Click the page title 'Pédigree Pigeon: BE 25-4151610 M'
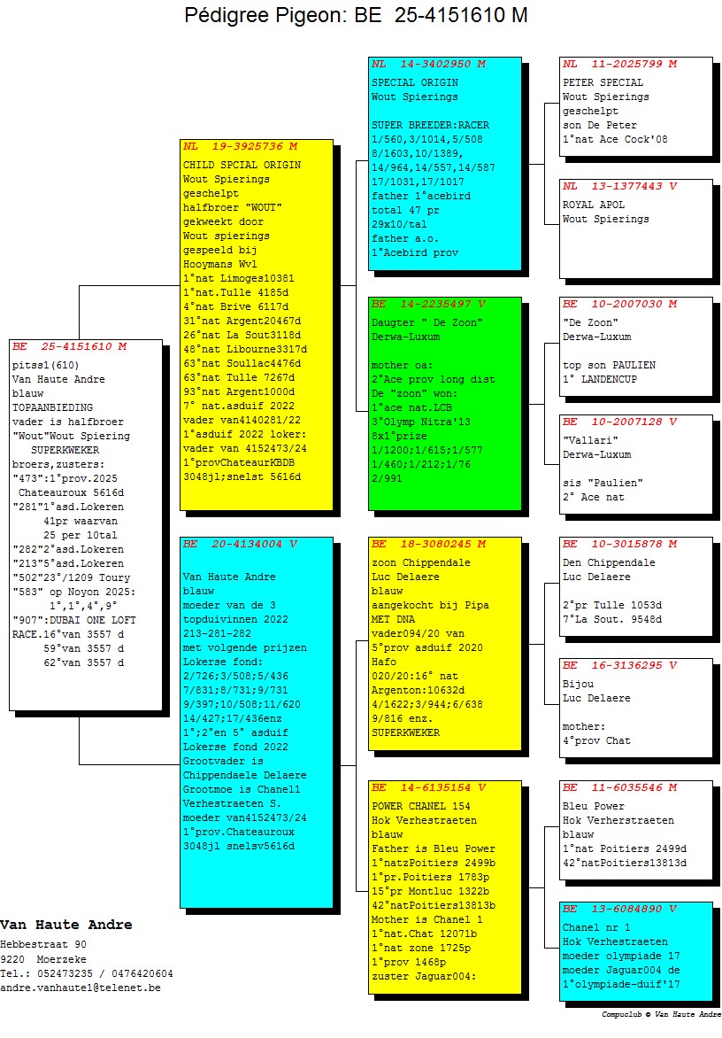357,16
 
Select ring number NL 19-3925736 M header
240,146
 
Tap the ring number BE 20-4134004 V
240,544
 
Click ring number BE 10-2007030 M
619,304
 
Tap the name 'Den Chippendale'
609,562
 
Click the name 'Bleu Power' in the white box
594,806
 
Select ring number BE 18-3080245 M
428,544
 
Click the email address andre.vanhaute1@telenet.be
81,987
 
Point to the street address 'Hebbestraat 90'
43,944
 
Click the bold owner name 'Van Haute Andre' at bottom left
66,925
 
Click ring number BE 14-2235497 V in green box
428,304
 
